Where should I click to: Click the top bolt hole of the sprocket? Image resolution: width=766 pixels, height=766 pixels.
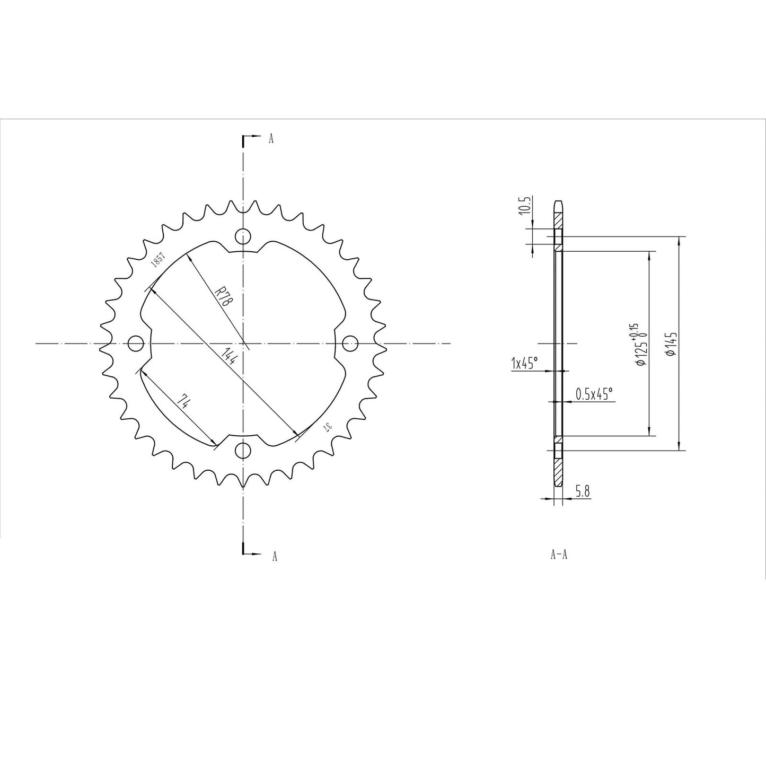(x=243, y=235)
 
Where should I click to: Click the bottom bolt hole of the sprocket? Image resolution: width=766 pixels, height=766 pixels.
(x=243, y=451)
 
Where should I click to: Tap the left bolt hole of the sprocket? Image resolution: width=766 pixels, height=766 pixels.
(x=136, y=344)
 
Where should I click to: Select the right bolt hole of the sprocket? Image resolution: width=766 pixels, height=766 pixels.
(x=350, y=344)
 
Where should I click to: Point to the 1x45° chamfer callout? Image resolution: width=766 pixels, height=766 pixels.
(x=524, y=363)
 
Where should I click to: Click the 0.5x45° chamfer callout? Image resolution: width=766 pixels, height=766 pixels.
(x=594, y=393)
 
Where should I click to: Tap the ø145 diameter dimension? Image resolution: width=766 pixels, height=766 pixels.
(x=670, y=345)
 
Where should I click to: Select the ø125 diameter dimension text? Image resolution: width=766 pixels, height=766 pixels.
(x=639, y=345)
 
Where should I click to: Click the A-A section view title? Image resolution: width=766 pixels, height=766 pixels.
(x=559, y=555)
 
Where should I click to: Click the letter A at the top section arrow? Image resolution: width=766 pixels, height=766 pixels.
(x=271, y=139)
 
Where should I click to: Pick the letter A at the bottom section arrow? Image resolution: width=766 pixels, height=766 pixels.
(x=274, y=556)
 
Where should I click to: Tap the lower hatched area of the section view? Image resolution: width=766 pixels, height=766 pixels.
(x=558, y=469)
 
